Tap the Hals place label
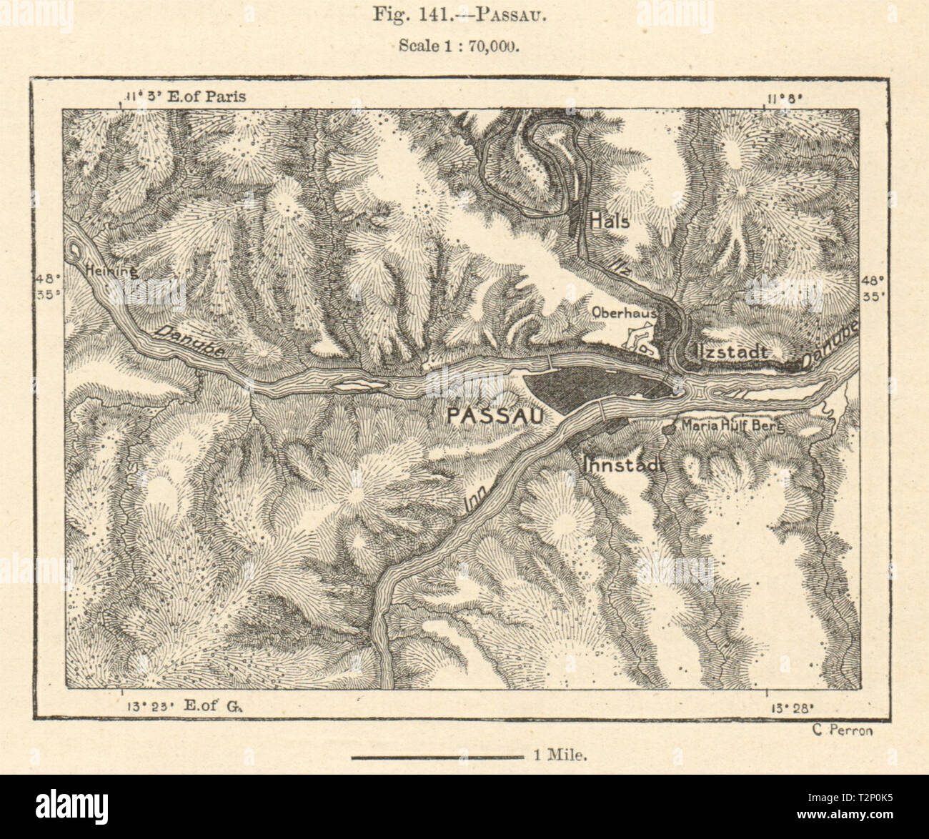(610, 222)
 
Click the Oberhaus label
(624, 312)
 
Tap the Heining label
(110, 271)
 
